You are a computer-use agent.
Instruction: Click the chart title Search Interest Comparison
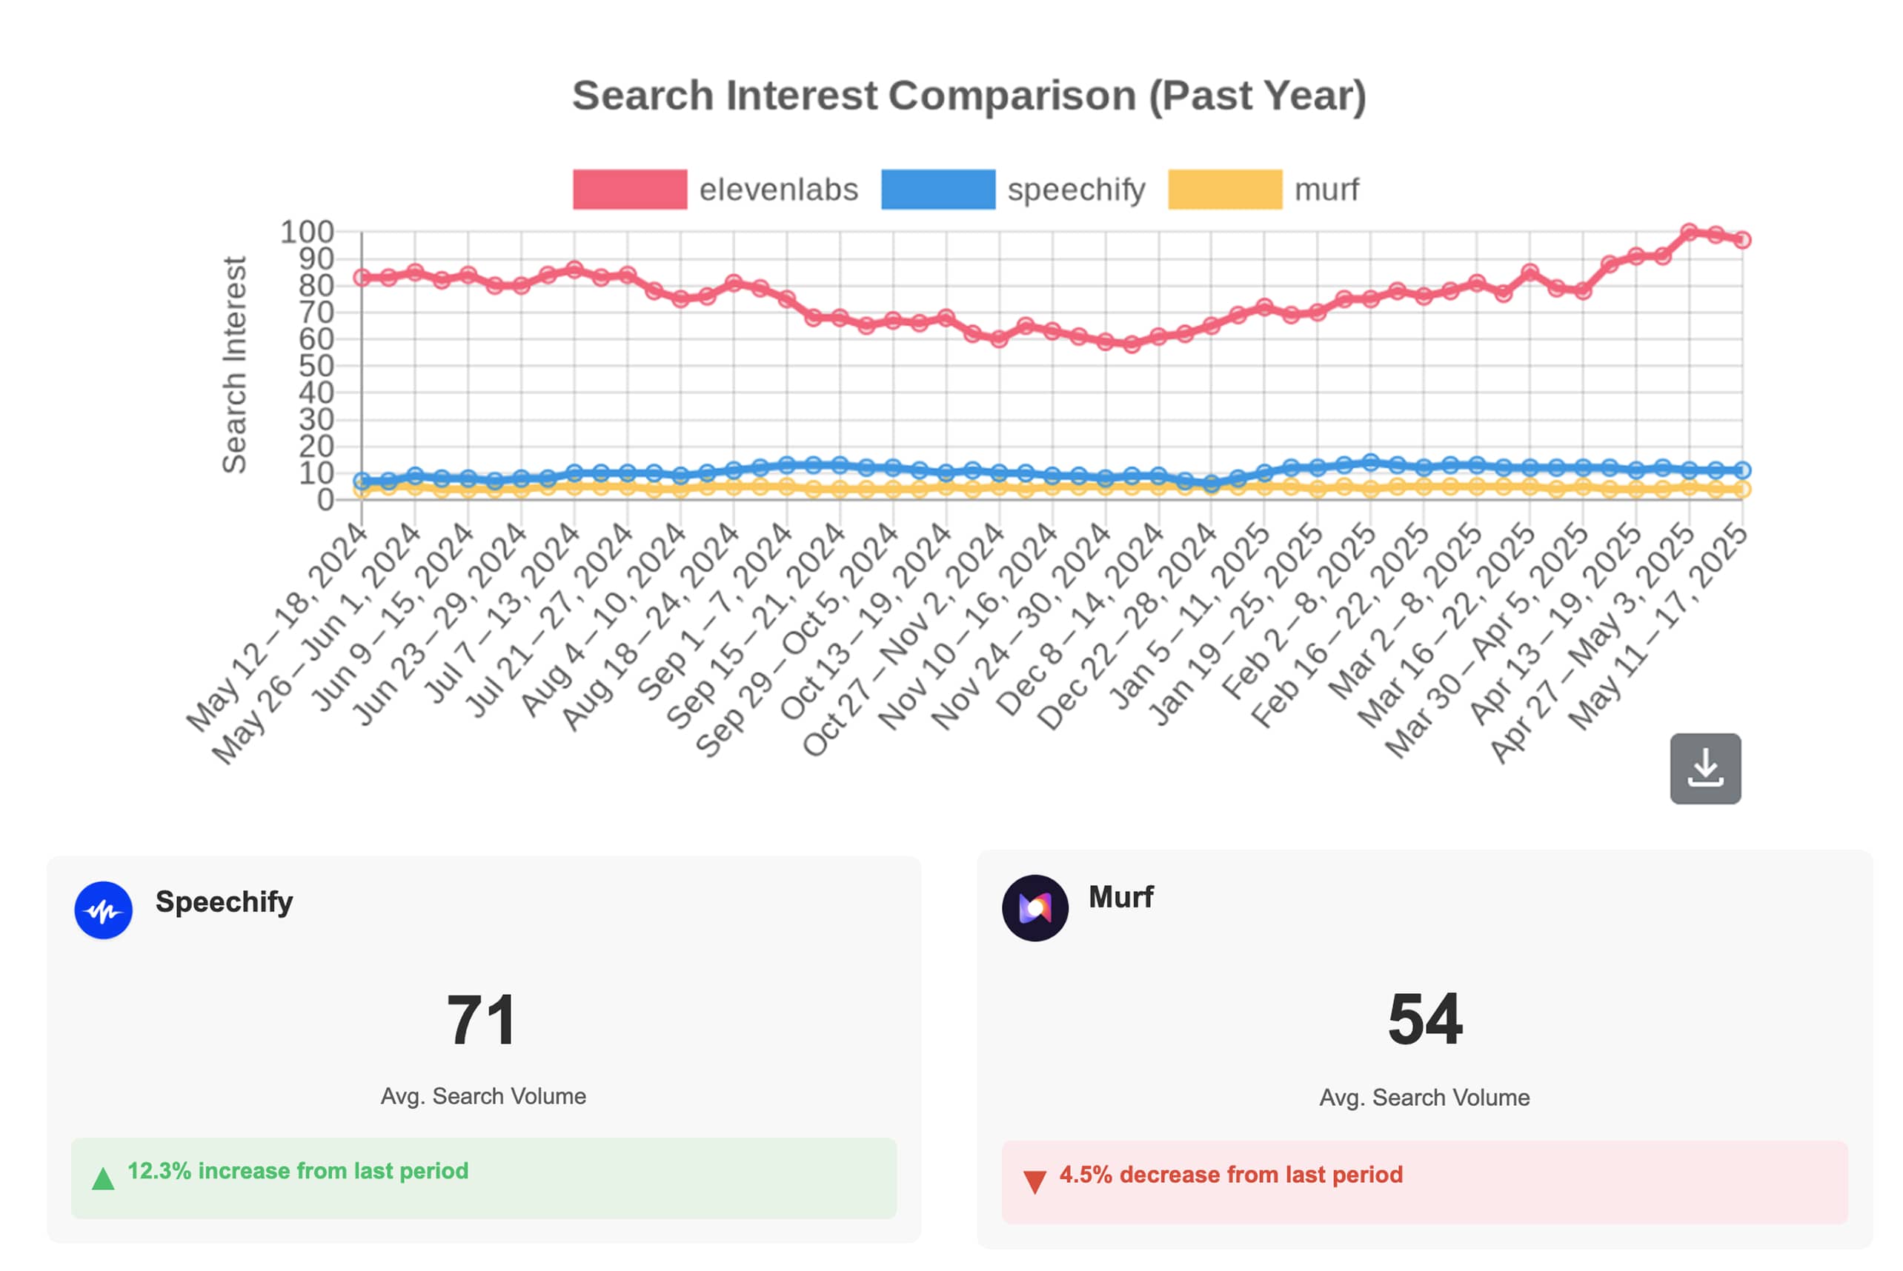click(969, 96)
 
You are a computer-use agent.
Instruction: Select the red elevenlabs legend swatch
click(629, 190)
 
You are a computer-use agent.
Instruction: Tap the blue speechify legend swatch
click(938, 190)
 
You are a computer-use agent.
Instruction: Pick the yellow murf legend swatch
click(1224, 190)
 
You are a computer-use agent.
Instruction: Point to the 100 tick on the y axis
click(308, 233)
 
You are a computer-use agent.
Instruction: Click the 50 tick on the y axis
click(316, 367)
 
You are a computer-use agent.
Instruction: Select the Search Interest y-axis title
click(234, 364)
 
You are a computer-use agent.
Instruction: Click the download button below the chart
click(1704, 768)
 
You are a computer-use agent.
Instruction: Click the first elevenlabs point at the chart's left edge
click(362, 278)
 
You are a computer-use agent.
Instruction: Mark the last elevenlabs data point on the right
click(1741, 240)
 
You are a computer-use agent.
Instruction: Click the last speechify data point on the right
click(1741, 470)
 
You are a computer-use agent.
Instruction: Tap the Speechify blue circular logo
click(104, 910)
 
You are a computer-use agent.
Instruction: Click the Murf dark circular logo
click(1034, 908)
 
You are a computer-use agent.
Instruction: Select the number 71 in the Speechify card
click(482, 1020)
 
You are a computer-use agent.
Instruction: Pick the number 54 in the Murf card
click(1424, 1019)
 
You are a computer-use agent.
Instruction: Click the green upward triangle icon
click(103, 1178)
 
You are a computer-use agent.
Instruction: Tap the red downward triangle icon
click(1034, 1182)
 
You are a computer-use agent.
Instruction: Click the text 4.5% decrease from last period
click(1231, 1175)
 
